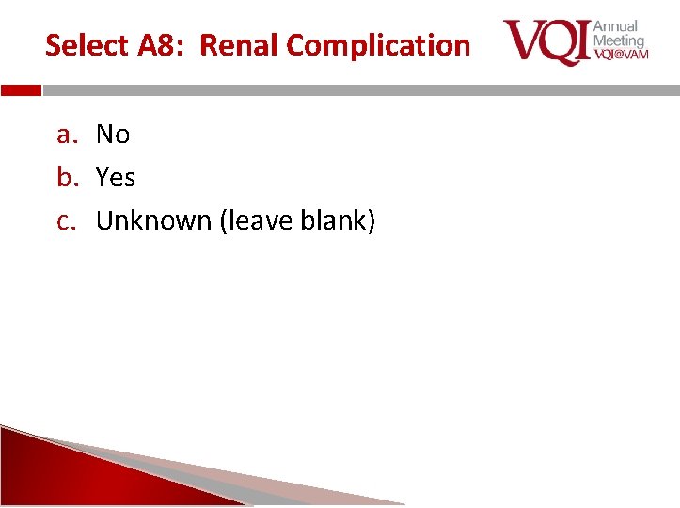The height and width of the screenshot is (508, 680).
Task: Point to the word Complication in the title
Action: click(x=378, y=45)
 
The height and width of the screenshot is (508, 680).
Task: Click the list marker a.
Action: click(x=65, y=135)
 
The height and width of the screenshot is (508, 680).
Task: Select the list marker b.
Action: click(x=66, y=178)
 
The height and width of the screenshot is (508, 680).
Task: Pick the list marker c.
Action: click(x=65, y=221)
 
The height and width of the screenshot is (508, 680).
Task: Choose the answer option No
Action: click(x=113, y=135)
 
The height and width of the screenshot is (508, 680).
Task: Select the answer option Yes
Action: click(x=116, y=178)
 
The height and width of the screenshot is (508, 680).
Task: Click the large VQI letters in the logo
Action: click(x=546, y=41)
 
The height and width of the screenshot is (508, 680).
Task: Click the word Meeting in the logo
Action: click(x=618, y=40)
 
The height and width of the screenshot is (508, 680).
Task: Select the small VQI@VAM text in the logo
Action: click(x=621, y=55)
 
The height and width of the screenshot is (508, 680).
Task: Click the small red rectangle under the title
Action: click(x=21, y=91)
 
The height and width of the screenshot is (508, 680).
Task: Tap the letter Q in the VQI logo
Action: click(x=552, y=41)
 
